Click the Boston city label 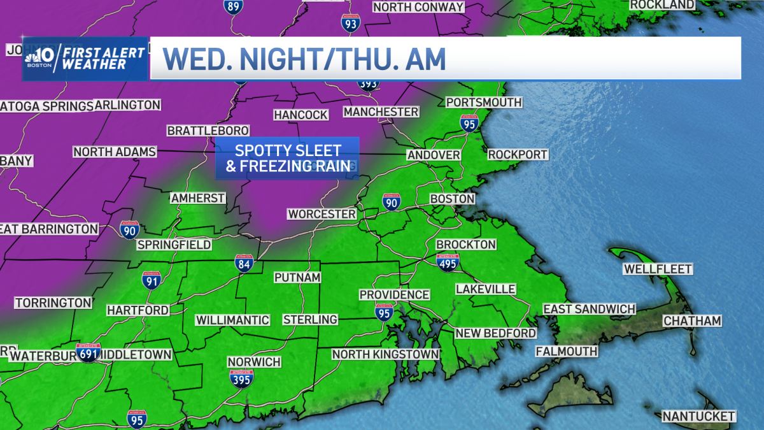pos(453,199)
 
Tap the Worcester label pos(322,214)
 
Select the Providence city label pos(394,294)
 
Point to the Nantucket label pos(698,416)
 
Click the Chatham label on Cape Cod pos(692,321)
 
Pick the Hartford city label pos(138,310)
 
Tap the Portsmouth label pos(484,102)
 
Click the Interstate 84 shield pos(244,264)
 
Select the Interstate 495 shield pos(448,261)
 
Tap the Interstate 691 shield pos(88,352)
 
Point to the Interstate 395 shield pos(242,378)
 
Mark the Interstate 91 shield pos(151,280)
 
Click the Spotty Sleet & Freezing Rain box pos(287,159)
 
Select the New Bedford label pos(495,333)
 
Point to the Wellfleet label pos(657,269)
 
